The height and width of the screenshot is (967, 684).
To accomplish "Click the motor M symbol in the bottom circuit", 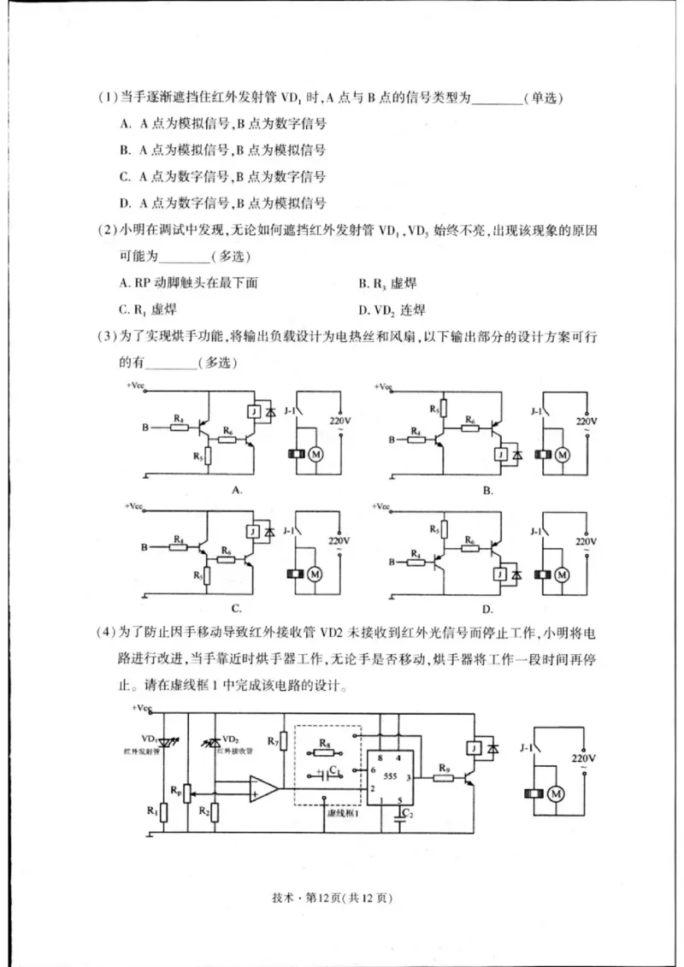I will coord(557,794).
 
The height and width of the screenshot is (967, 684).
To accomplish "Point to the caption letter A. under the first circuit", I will coord(239,491).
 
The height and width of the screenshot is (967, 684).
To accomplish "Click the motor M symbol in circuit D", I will coord(562,573).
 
